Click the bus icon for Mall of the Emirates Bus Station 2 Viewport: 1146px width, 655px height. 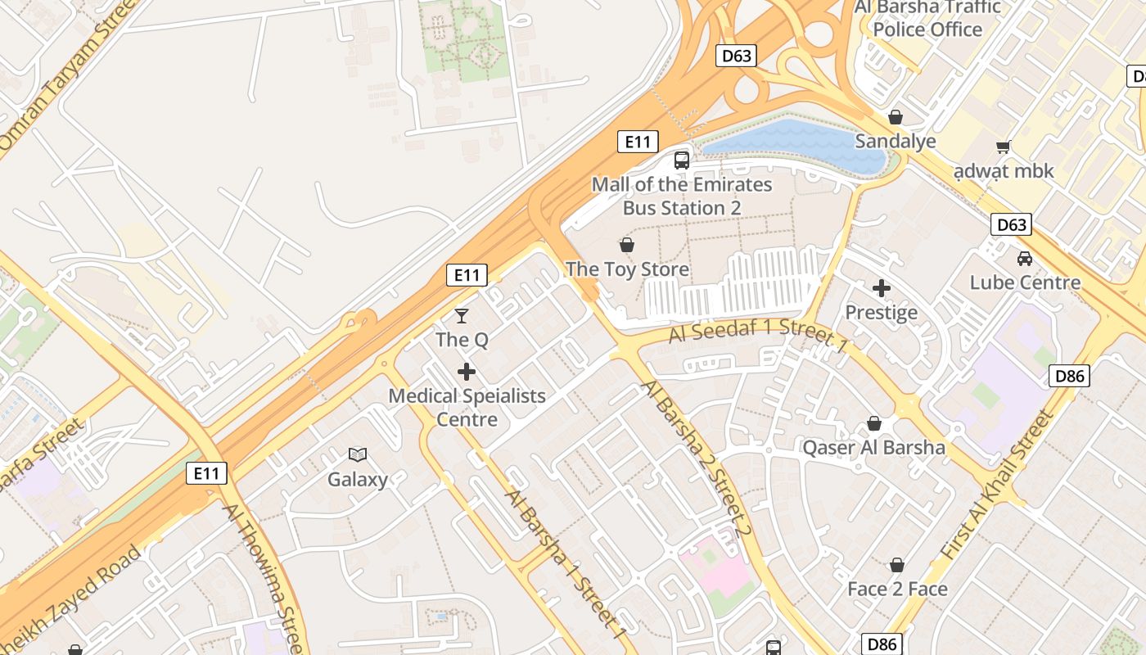click(682, 160)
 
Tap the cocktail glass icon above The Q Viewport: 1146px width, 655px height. click(462, 315)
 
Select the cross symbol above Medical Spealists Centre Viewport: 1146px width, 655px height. click(467, 372)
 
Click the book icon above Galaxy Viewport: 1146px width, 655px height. click(358, 454)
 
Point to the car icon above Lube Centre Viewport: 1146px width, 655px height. click(1024, 259)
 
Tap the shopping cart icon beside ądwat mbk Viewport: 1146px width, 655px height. click(1003, 147)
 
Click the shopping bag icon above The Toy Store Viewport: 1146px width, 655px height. click(627, 245)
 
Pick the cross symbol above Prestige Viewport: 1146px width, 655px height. click(882, 288)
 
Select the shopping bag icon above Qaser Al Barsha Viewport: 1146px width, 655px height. click(873, 423)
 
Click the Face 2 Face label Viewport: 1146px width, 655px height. click(897, 589)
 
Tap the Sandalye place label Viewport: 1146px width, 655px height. click(896, 141)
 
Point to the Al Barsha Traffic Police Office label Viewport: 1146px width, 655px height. click(927, 19)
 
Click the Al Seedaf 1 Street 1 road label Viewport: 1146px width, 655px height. click(757, 333)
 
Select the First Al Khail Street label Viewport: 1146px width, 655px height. click(997, 486)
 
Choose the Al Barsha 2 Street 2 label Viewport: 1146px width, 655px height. click(697, 458)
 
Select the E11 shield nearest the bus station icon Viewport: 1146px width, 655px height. click(637, 142)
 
